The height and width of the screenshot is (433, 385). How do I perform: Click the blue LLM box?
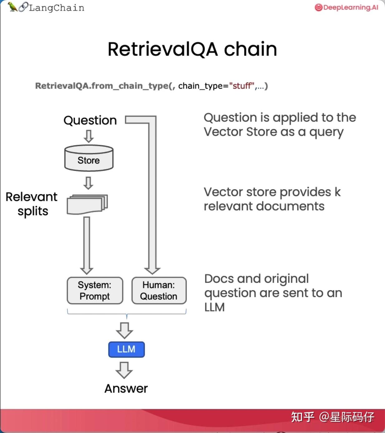click(x=126, y=349)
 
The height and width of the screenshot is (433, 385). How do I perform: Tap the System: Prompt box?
click(x=95, y=290)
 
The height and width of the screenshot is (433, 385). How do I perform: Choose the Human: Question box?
click(x=159, y=290)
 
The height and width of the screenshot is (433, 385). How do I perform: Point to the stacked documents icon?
click(x=87, y=204)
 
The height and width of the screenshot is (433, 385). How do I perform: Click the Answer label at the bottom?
click(x=126, y=389)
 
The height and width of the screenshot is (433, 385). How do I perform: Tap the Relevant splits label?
click(x=32, y=204)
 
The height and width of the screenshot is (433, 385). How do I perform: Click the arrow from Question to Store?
click(x=89, y=136)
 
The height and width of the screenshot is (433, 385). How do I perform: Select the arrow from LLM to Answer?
click(x=124, y=370)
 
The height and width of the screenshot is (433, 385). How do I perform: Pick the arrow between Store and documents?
click(x=88, y=183)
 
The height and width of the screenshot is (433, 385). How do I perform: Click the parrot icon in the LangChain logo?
click(x=12, y=7)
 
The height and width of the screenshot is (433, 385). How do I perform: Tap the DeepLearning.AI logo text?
click(x=350, y=7)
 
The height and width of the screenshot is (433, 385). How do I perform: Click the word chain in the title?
click(x=250, y=49)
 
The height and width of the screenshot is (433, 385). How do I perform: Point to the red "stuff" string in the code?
click(x=242, y=86)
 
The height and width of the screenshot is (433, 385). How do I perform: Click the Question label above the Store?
click(x=90, y=120)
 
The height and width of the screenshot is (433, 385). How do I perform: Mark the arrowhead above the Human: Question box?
click(x=152, y=270)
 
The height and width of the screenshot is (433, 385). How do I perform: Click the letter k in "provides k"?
click(x=338, y=192)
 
